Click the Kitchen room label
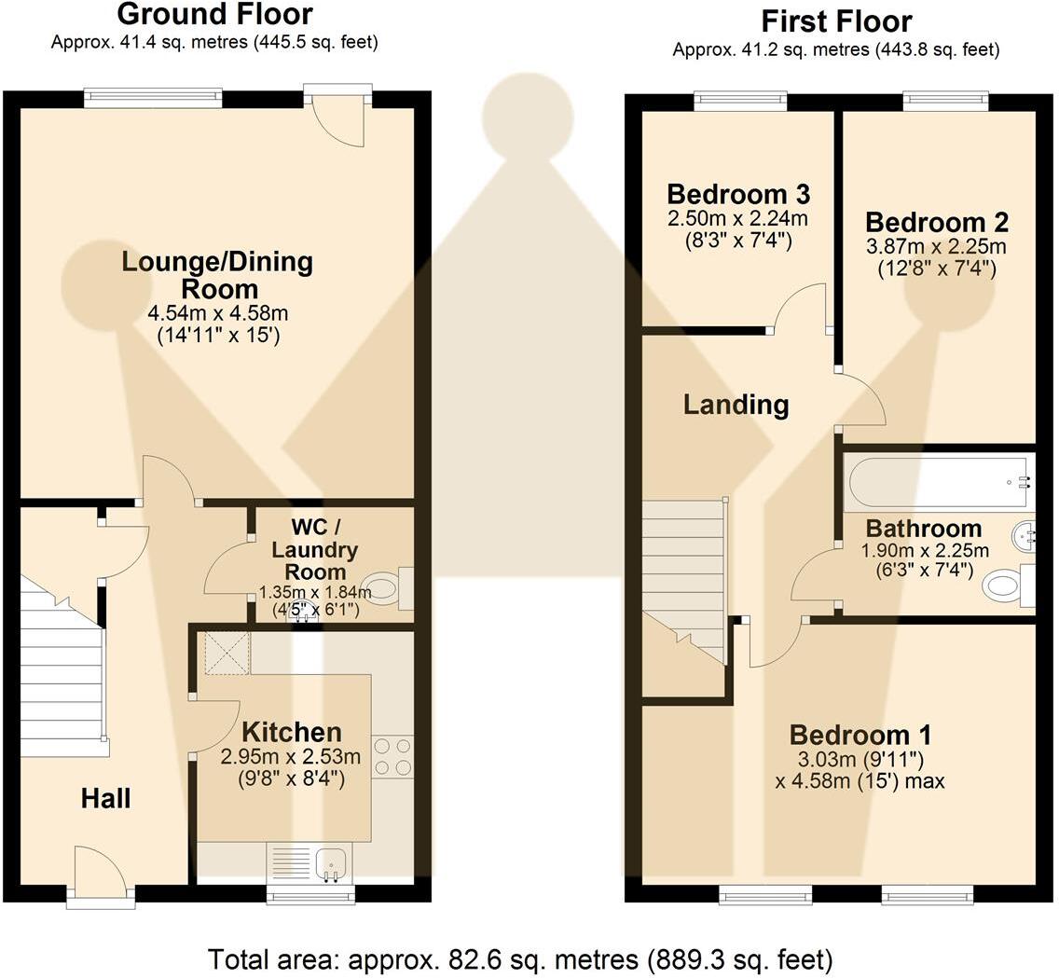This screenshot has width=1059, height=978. click(x=291, y=732)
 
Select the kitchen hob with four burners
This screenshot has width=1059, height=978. click(x=392, y=756)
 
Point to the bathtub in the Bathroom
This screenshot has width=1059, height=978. click(x=939, y=484)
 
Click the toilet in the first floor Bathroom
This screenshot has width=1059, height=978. click(x=1010, y=585)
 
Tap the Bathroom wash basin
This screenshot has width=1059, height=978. click(x=1024, y=536)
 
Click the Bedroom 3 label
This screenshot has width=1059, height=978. click(x=738, y=195)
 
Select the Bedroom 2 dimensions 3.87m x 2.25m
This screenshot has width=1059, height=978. click(x=936, y=246)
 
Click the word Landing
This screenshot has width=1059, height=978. click(x=736, y=405)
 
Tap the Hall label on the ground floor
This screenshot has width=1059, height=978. click(x=105, y=798)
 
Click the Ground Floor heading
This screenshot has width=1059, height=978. click(x=214, y=14)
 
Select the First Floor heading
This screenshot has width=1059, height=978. click(x=836, y=21)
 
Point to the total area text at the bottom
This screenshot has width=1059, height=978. click(x=520, y=959)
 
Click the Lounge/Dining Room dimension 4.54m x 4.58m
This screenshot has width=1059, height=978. click(x=218, y=313)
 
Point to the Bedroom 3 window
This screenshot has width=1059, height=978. click(x=741, y=102)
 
